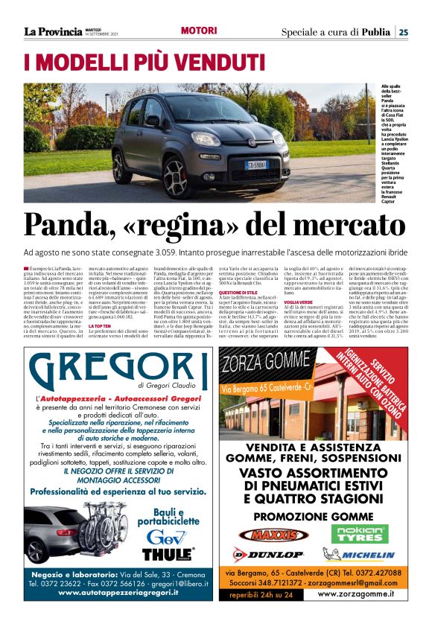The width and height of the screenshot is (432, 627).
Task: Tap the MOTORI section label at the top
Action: coord(199,31)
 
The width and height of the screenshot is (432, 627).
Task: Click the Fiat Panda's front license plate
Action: coord(258,165)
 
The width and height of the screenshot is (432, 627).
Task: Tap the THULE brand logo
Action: coord(168,554)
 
